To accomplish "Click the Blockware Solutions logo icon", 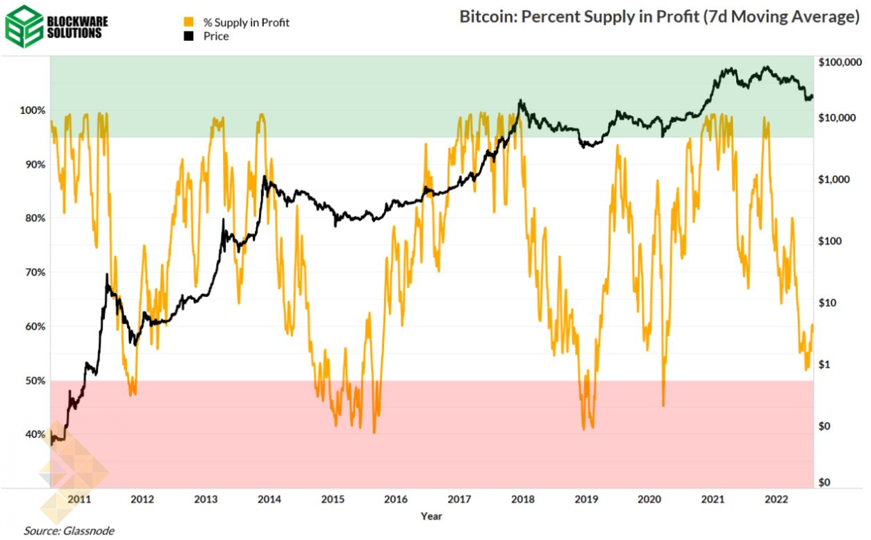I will [x=24, y=25].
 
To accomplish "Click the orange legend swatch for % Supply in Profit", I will [x=188, y=22].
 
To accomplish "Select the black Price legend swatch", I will [x=188, y=36].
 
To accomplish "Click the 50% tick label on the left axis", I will [x=36, y=381].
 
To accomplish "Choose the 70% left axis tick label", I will [x=36, y=273].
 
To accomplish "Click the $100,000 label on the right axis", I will [x=840, y=63].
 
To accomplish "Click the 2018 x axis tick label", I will [x=523, y=499].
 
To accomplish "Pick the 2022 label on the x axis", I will [x=776, y=499].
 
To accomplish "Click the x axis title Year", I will [x=431, y=516].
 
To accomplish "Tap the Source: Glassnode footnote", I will [x=69, y=531].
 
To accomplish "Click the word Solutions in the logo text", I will [x=77, y=33].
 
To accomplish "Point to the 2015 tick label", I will [x=333, y=499].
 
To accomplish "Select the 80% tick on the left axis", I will [x=36, y=219].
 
